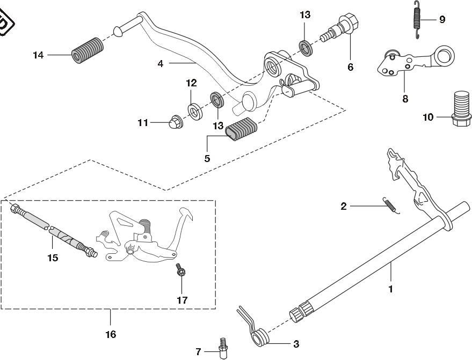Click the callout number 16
(110, 335)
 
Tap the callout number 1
(390, 289)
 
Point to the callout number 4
(161, 63)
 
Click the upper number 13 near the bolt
(305, 15)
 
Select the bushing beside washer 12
(216, 100)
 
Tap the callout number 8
(405, 99)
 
